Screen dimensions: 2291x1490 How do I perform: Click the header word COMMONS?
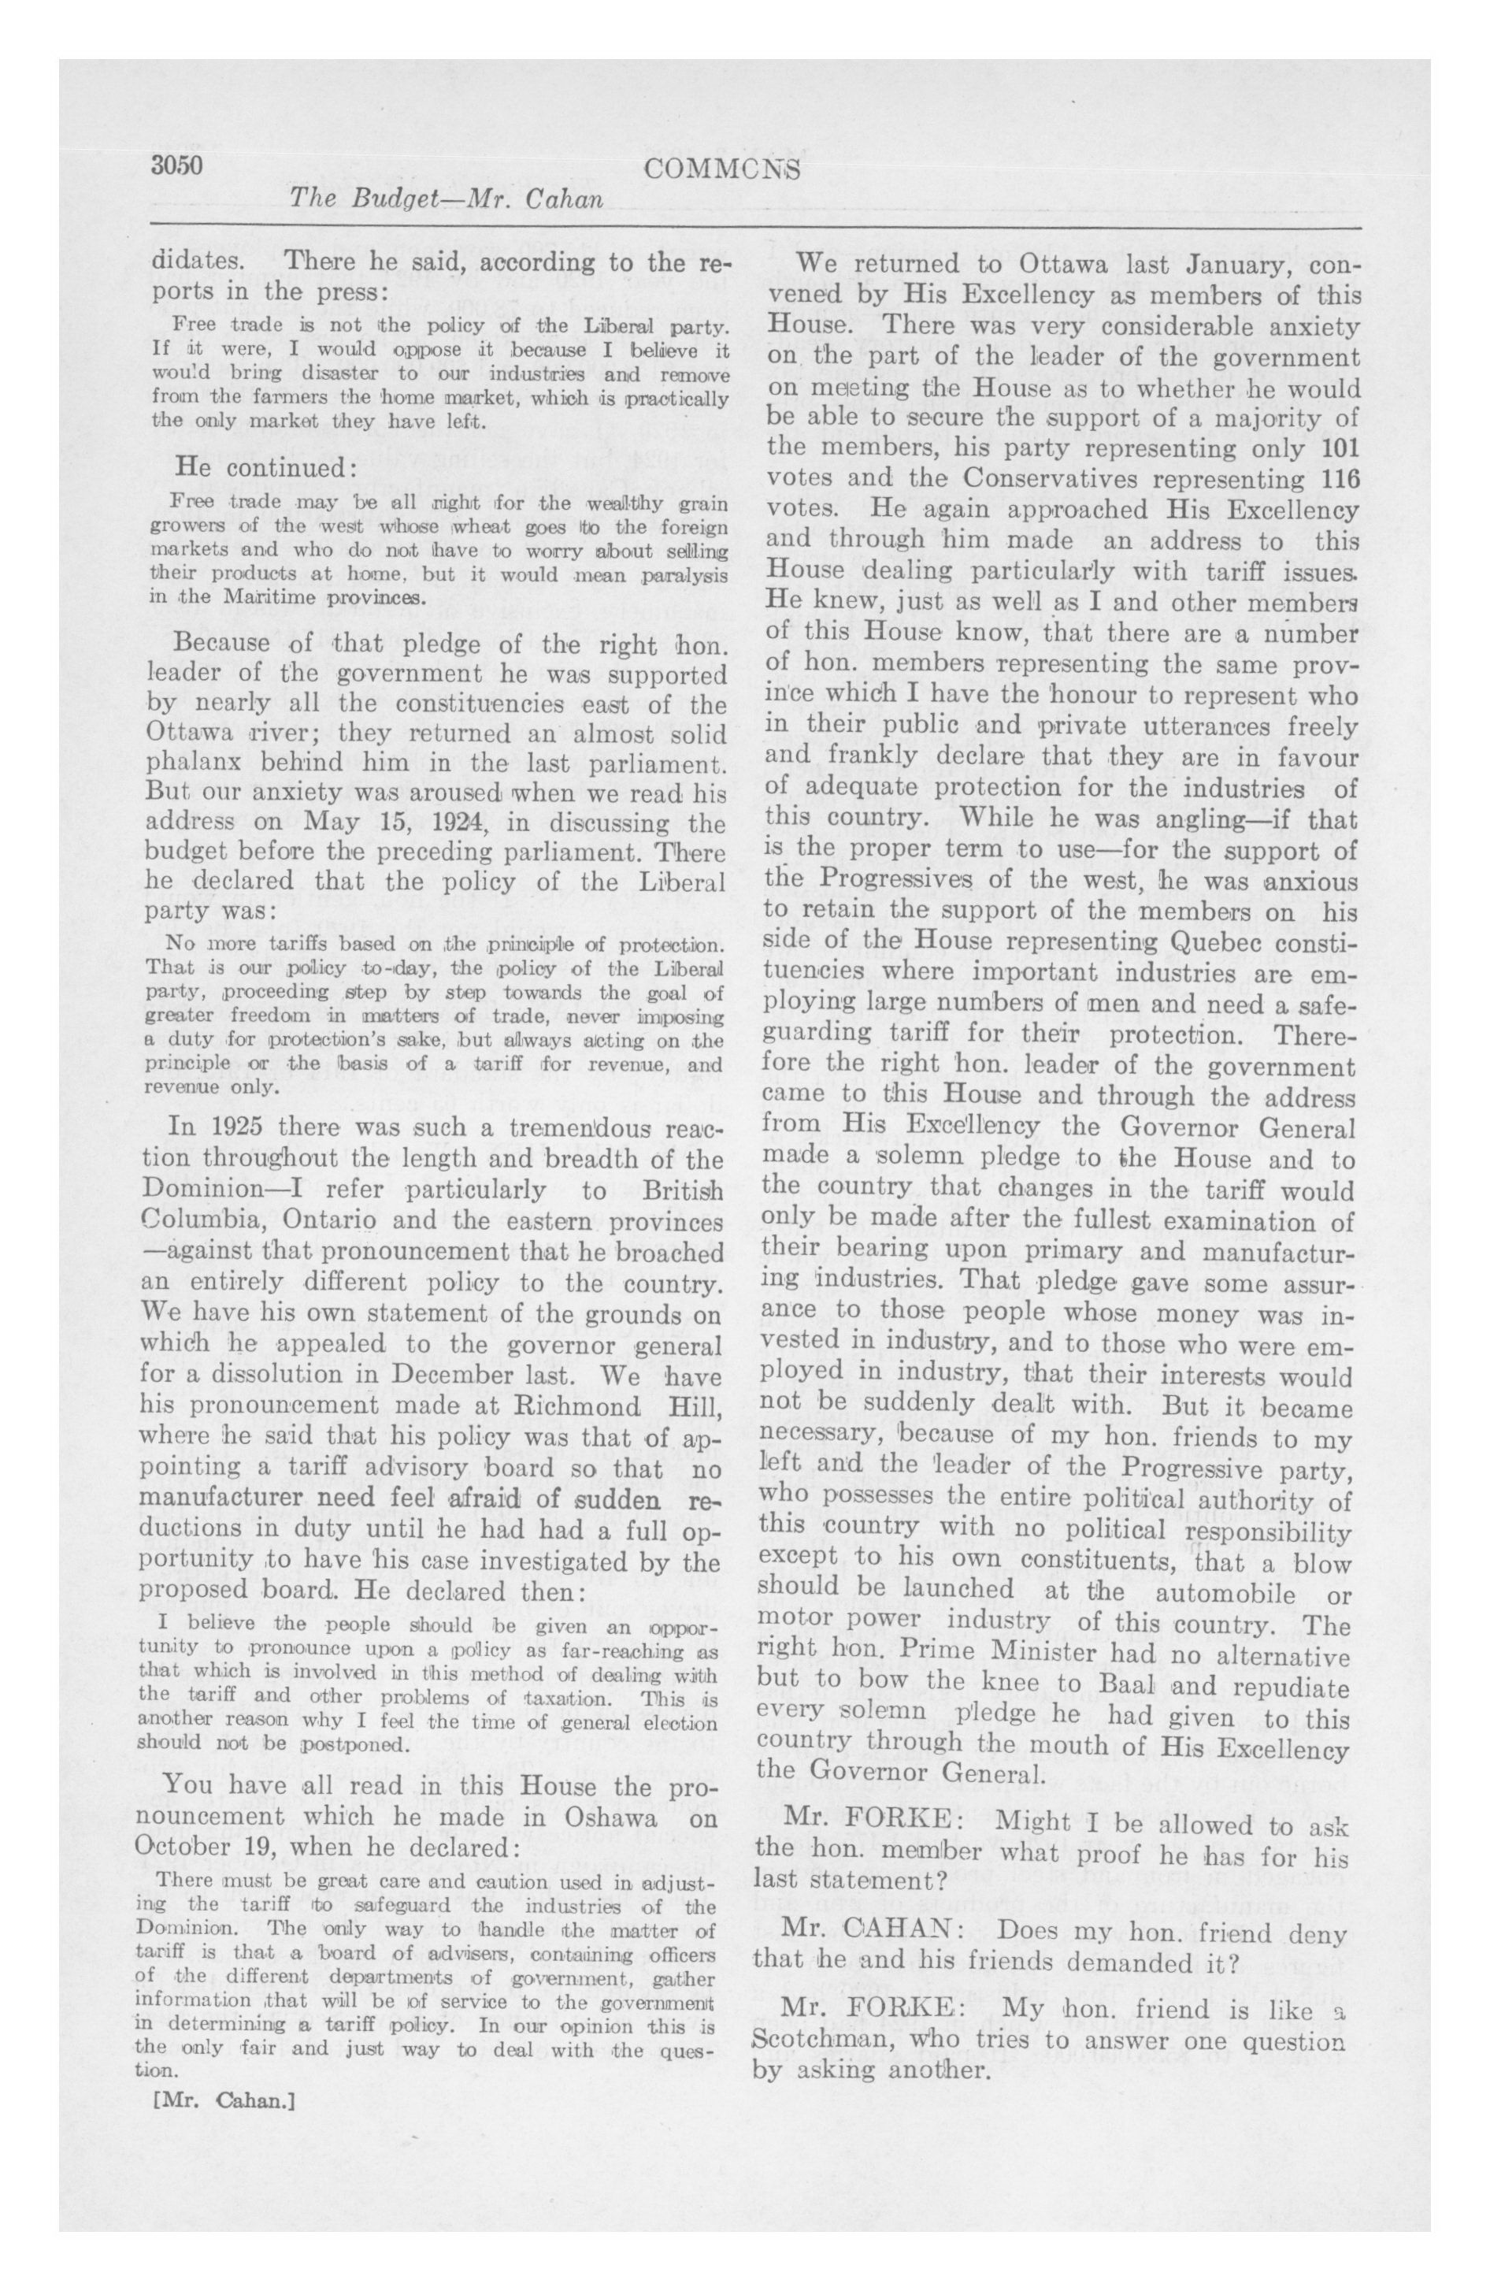pyautogui.click(x=722, y=170)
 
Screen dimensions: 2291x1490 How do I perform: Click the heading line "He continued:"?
pyautogui.click(x=252, y=468)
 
